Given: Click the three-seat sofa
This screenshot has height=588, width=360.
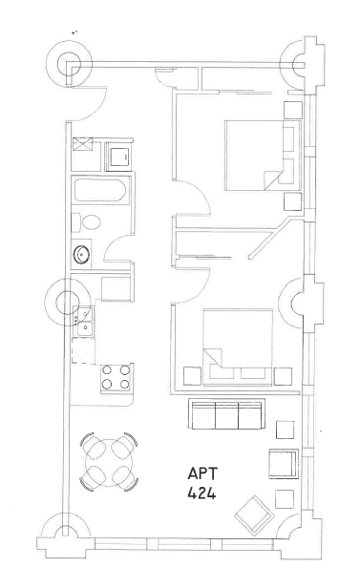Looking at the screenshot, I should (x=226, y=415).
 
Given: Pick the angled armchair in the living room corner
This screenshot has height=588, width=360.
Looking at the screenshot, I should (x=251, y=516).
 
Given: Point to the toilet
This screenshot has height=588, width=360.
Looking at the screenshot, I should (x=90, y=222).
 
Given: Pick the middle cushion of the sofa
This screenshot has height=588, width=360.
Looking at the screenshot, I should (x=226, y=416).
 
